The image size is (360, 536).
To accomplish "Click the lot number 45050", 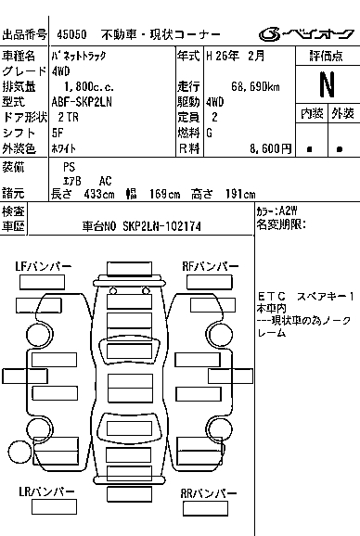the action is (71, 34).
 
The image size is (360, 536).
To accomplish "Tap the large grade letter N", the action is (327, 84).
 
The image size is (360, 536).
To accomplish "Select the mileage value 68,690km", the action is (255, 87).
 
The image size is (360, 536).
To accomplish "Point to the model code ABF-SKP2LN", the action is (82, 102).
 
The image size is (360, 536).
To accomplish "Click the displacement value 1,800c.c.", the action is (89, 87).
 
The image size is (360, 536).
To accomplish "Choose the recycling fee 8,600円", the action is (270, 148).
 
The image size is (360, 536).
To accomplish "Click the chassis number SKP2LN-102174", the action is (161, 226).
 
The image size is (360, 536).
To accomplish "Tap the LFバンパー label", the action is (44, 266).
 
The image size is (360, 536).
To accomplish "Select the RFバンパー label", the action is (211, 266).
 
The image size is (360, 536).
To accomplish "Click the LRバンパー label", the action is (46, 491).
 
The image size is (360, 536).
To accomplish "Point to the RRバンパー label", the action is (209, 493).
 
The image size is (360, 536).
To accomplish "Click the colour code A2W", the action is (289, 211).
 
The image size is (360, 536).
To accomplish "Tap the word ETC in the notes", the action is (272, 296).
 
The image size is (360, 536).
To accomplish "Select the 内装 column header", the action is (312, 114).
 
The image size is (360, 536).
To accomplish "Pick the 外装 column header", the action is (343, 114).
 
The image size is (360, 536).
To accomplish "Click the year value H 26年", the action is (223, 56).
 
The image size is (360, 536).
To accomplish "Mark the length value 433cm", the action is (99, 194).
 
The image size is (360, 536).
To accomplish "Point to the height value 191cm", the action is (240, 194).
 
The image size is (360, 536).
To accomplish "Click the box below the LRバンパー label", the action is (54, 507).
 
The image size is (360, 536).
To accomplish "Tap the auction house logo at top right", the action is (306, 34).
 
